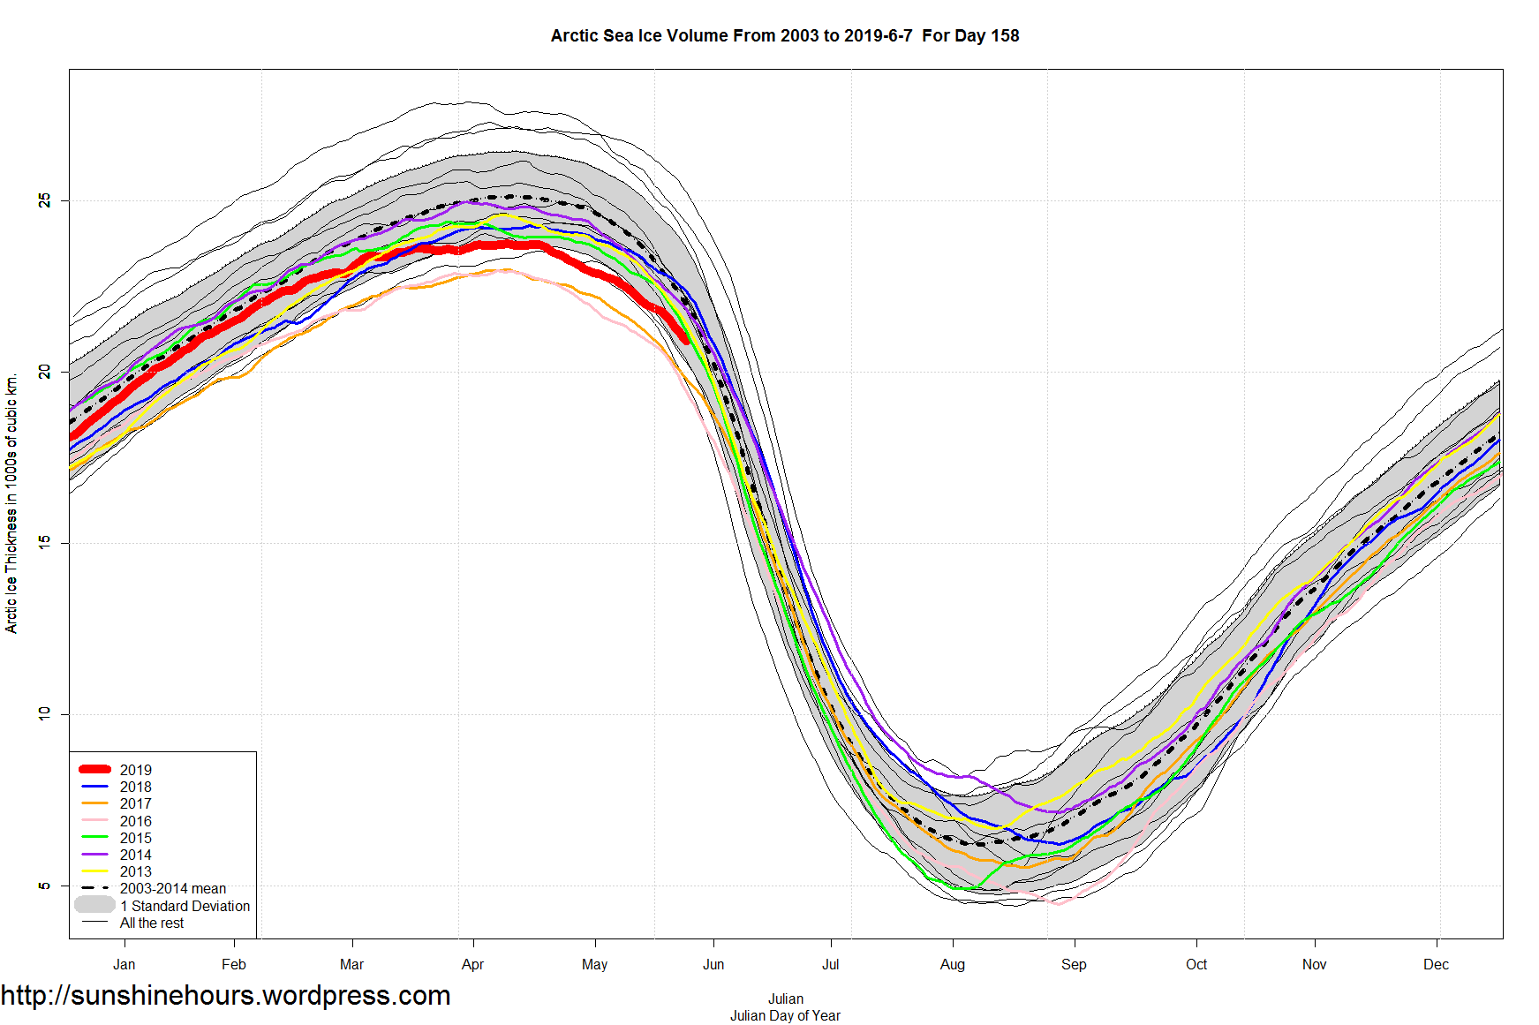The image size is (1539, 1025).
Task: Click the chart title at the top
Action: click(x=784, y=36)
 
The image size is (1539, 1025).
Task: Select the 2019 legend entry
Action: click(x=135, y=770)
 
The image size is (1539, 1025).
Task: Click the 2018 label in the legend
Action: click(x=135, y=787)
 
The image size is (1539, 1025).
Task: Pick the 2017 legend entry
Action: click(x=135, y=803)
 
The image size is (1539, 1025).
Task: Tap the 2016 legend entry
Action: click(x=135, y=821)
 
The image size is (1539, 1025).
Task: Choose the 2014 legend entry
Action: click(x=135, y=855)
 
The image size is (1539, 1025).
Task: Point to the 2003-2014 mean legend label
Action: click(x=172, y=888)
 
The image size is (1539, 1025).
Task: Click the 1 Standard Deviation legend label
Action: click(x=185, y=906)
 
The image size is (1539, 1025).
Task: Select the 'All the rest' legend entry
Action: click(x=152, y=923)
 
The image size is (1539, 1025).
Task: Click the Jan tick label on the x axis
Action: click(x=124, y=964)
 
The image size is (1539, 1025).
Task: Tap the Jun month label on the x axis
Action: click(x=713, y=964)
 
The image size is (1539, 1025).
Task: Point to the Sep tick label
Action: click(x=1074, y=964)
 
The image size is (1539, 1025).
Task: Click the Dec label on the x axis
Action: click(x=1436, y=964)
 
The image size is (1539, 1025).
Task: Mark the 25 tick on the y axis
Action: click(x=44, y=201)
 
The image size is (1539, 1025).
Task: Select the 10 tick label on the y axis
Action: click(x=44, y=713)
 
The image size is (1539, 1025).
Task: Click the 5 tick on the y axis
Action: click(x=44, y=886)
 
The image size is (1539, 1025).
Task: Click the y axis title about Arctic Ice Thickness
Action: click(x=11, y=503)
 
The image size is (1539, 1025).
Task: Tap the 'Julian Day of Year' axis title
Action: click(x=785, y=1015)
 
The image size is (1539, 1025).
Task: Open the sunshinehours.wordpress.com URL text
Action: click(x=225, y=995)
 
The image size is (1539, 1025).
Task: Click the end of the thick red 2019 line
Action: click(x=685, y=340)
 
